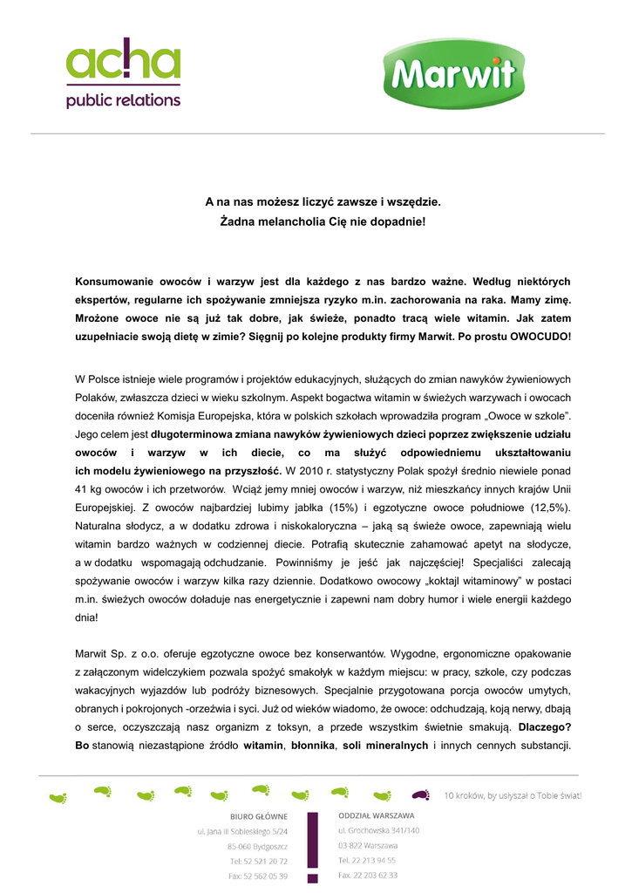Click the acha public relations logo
coord(124,73)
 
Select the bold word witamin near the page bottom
coord(263,746)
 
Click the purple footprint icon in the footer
coord(420,794)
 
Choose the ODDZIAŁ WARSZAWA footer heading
coord(377,815)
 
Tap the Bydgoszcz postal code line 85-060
coord(257,846)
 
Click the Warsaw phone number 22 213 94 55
coord(367,860)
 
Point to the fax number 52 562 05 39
coord(258,876)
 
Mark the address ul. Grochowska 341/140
coord(379,830)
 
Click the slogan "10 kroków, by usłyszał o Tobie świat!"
coord(513,795)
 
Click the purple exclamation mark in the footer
coord(312,846)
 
